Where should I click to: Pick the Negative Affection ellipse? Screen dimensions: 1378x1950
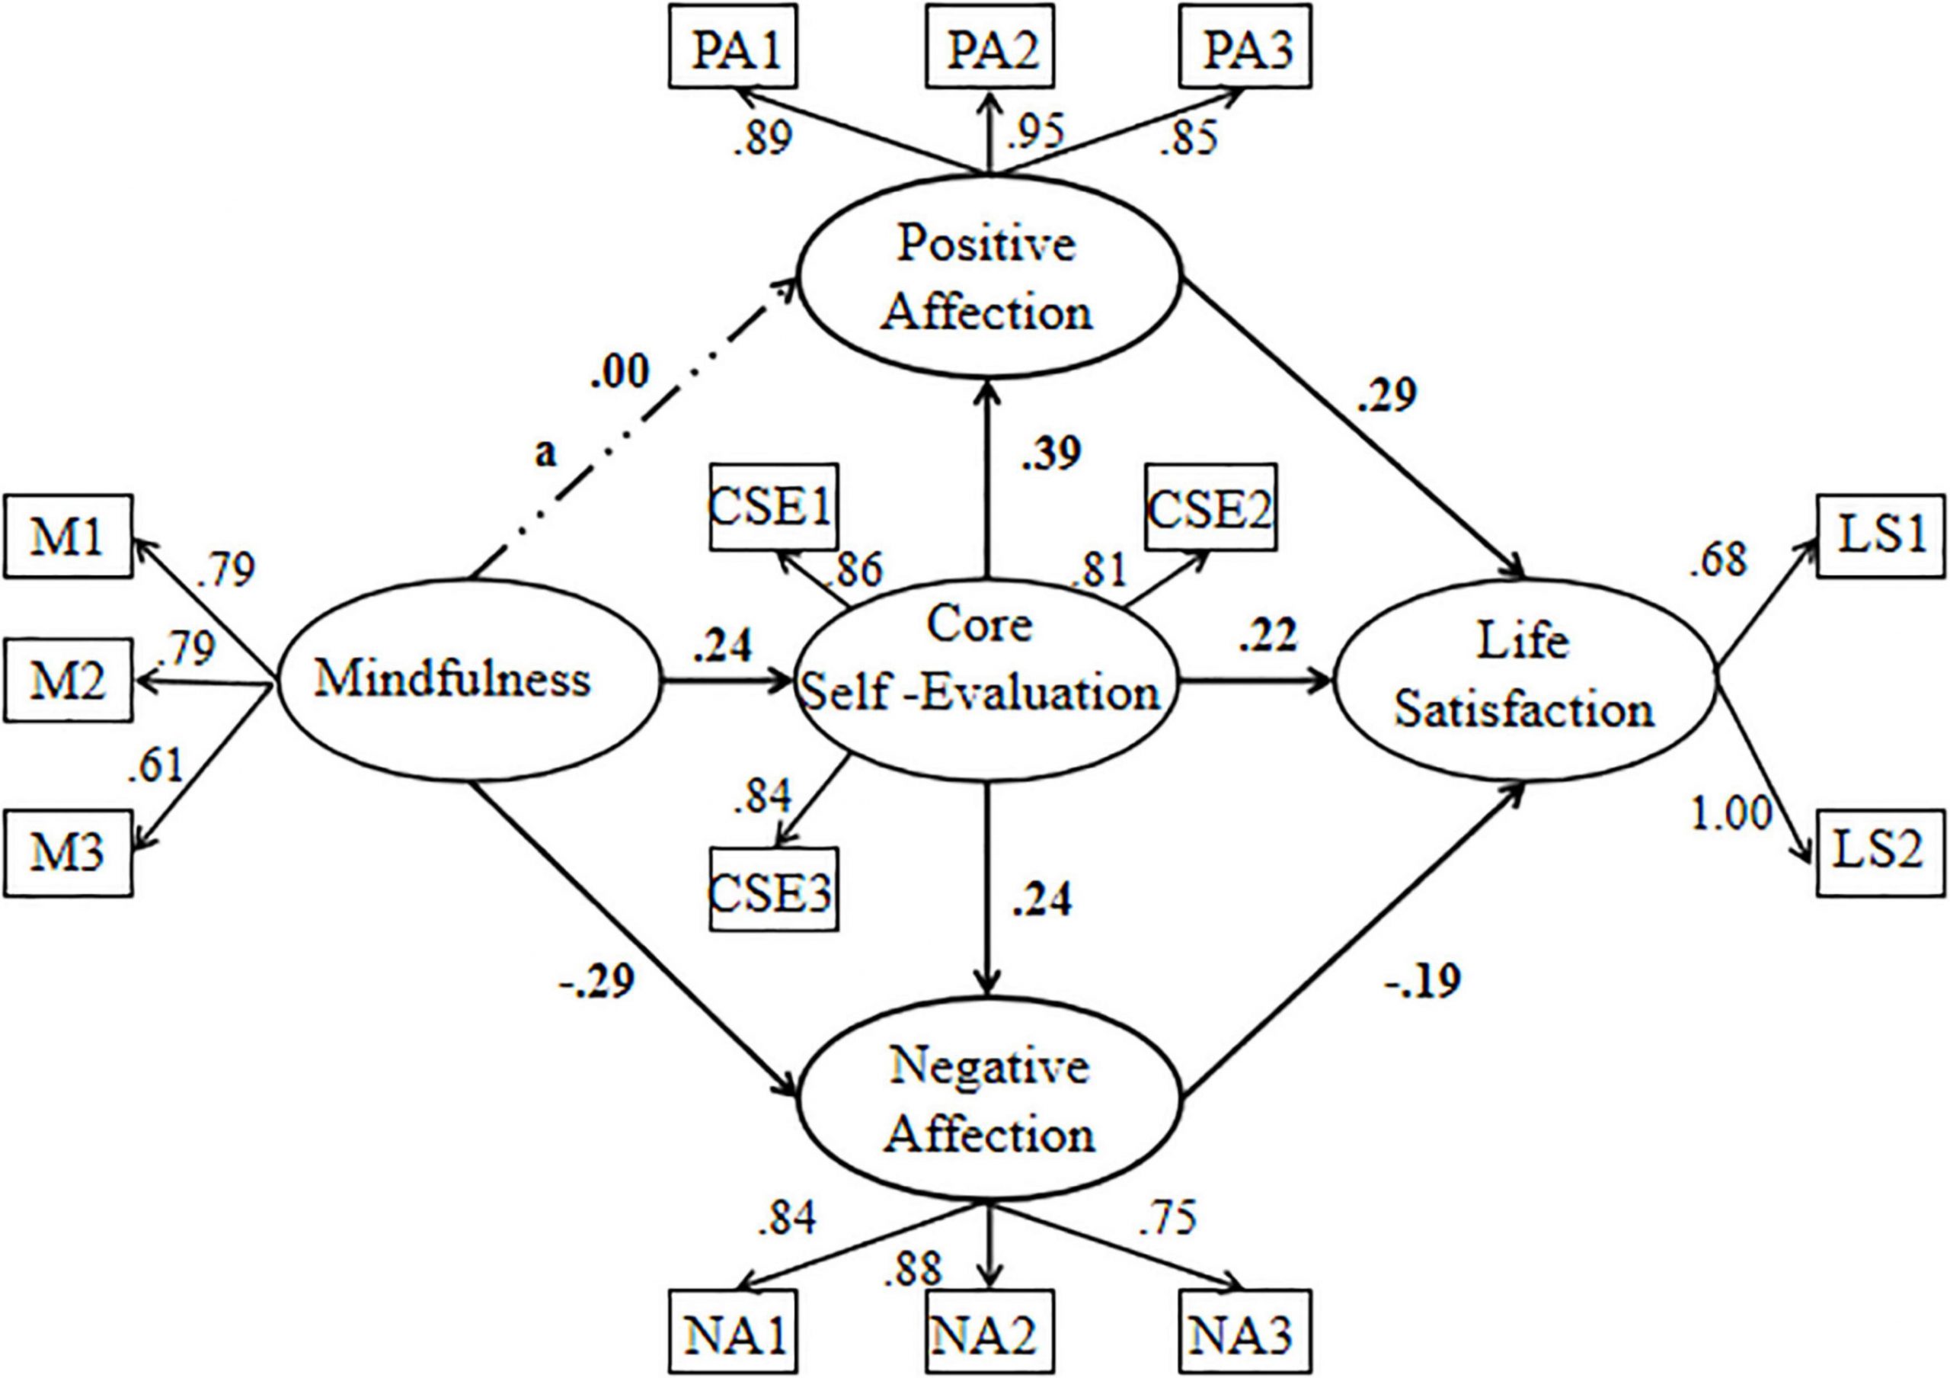click(989, 1101)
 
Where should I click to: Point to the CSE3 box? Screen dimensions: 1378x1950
click(773, 889)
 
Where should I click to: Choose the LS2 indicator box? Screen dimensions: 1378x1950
click(1879, 852)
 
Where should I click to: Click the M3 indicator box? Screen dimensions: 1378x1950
click(68, 852)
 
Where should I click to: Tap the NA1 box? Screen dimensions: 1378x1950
click(734, 1332)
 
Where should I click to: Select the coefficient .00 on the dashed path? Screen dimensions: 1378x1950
click(620, 372)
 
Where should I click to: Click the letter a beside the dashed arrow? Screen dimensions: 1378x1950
click(545, 453)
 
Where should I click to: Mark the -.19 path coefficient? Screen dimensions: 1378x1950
click(1423, 982)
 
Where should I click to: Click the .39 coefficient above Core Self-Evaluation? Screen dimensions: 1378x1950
click(1051, 454)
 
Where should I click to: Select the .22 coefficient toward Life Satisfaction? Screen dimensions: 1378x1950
click(1267, 637)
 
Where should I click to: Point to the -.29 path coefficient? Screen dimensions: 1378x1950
click(596, 982)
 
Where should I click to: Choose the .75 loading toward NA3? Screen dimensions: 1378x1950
click(1168, 1216)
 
